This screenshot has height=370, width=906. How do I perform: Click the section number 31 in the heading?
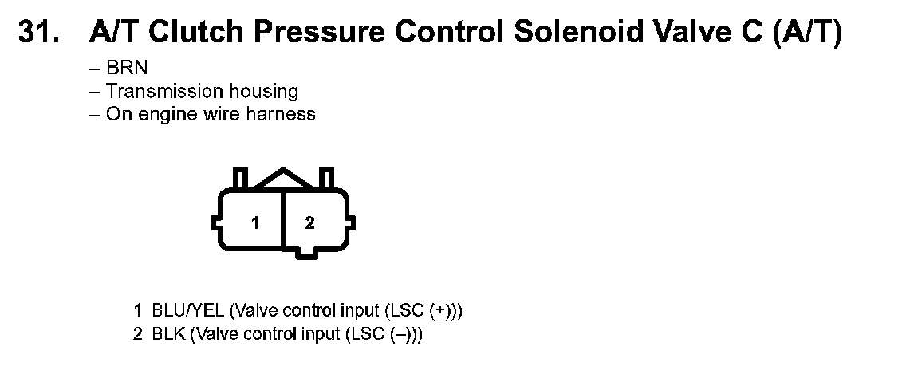tap(37, 32)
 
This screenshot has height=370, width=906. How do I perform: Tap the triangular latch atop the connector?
tap(282, 179)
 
